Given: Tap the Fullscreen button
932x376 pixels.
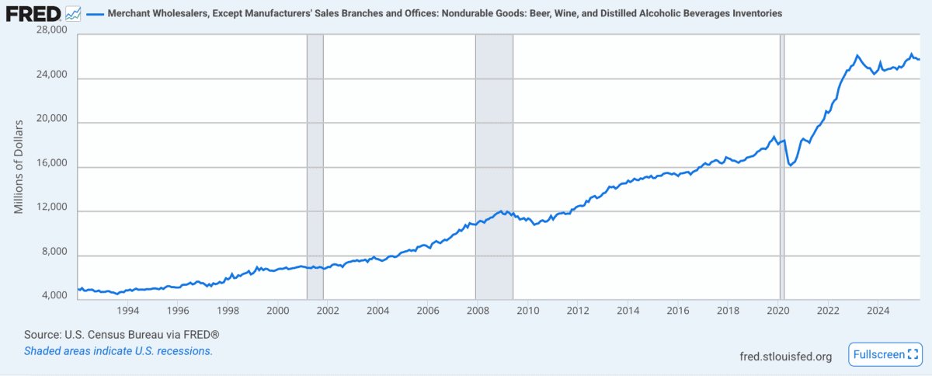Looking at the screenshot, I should (885, 354).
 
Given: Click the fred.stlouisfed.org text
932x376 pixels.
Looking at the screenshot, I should (785, 357).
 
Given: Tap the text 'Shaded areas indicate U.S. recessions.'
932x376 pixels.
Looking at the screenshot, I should (119, 351).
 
